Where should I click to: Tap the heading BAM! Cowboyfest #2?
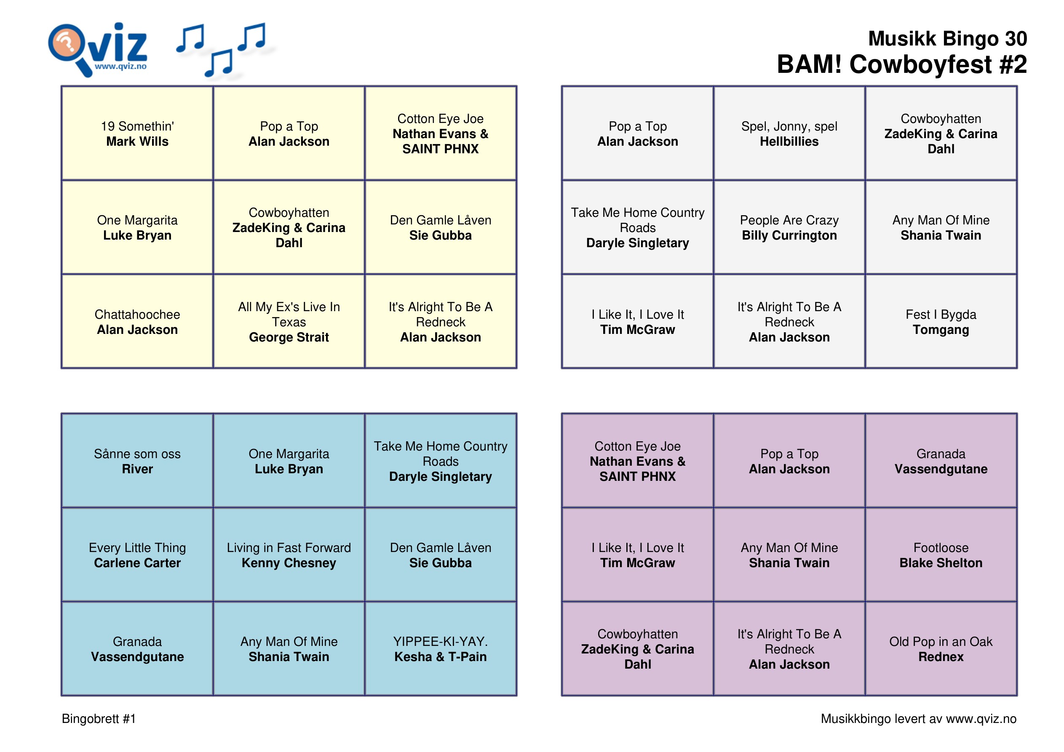click(901, 64)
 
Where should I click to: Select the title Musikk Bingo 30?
click(947, 38)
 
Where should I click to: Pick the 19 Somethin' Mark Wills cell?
click(137, 133)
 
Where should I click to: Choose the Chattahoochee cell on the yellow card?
click(137, 322)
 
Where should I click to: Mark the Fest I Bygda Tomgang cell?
click(941, 322)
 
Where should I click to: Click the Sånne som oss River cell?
click(137, 461)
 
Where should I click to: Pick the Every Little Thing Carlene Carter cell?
click(137, 555)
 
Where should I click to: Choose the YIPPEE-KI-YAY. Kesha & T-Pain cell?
click(440, 649)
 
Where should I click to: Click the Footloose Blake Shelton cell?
click(941, 555)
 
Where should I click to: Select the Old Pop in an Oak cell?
click(941, 649)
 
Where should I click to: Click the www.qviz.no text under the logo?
click(120, 66)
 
